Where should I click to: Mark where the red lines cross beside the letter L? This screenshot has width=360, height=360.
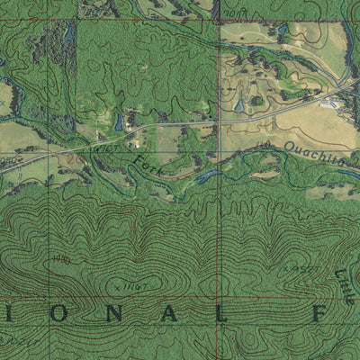[x=219, y=298]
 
